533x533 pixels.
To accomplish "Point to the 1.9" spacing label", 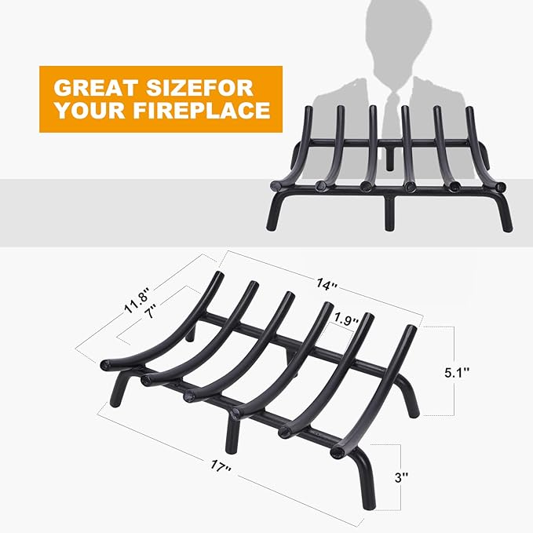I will (x=347, y=319).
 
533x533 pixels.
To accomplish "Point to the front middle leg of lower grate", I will (x=232, y=433).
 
